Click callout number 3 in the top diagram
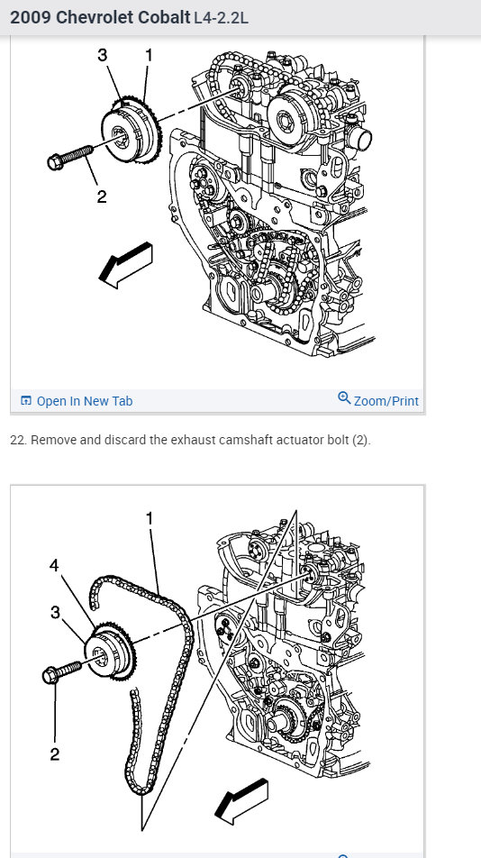pyautogui.click(x=103, y=55)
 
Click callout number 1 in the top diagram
pyautogui.click(x=148, y=55)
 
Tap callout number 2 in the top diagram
pyautogui.click(x=102, y=196)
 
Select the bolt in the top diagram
pyautogui.click(x=70, y=156)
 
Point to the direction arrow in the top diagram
pyautogui.click(x=125, y=265)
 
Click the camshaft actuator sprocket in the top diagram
pyautogui.click(x=132, y=134)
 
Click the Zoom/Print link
pyautogui.click(x=386, y=401)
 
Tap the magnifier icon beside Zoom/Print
pyautogui.click(x=344, y=397)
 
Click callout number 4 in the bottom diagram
pyautogui.click(x=54, y=565)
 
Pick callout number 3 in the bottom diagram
pyautogui.click(x=55, y=612)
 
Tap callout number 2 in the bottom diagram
pyautogui.click(x=55, y=754)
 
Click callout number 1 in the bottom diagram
pyautogui.click(x=150, y=518)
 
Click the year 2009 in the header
pyautogui.click(x=31, y=17)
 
